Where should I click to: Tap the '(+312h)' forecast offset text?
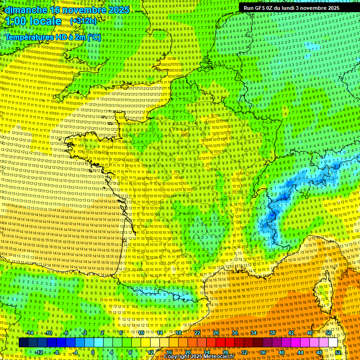tap(83, 21)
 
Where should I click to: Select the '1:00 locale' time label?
tap(33, 21)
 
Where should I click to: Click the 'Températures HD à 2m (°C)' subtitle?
tap(53, 37)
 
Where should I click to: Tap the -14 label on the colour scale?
tap(29, 333)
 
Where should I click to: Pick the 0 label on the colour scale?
tap(93, 352)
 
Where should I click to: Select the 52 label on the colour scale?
tap(338, 352)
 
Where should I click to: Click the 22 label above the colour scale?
tap(197, 333)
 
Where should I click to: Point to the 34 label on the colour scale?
tap(253, 333)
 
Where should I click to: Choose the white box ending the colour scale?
tap(333, 343)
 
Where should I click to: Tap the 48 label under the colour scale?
tap(319, 352)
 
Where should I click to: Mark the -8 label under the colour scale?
tap(56, 352)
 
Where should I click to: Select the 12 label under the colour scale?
tap(150, 352)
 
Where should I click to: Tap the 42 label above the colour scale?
tap(291, 333)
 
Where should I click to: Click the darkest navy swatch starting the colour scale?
tap(23, 343)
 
